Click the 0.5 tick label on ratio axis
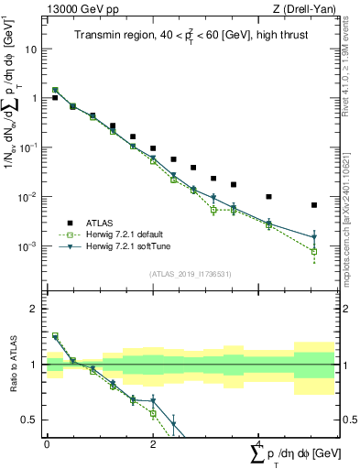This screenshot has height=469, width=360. point(31,420)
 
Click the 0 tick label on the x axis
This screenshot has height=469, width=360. point(47,443)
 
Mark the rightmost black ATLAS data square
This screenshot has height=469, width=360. point(314,205)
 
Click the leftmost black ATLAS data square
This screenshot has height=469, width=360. point(55,98)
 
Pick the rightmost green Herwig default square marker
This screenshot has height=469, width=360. point(314,251)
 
